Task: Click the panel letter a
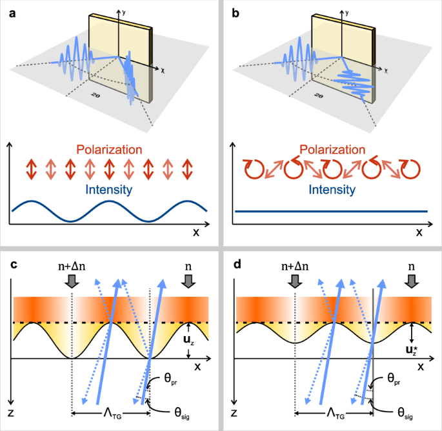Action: (x=12, y=12)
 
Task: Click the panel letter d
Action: (x=237, y=266)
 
